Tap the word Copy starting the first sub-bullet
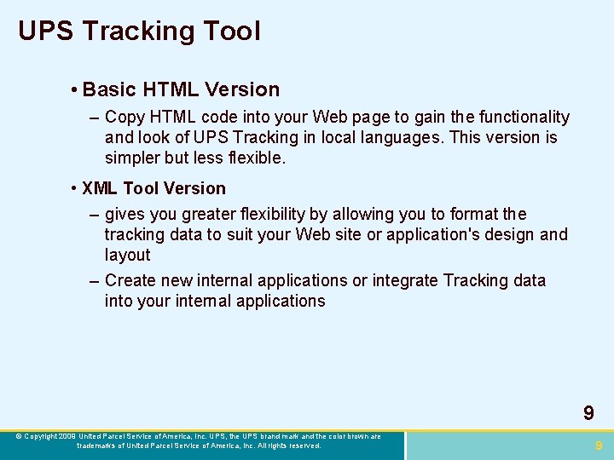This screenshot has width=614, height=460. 125,118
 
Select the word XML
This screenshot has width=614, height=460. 101,188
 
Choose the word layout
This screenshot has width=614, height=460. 127,255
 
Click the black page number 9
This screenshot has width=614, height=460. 588,414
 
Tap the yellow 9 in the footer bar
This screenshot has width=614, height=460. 599,445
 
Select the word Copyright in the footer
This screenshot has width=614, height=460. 41,436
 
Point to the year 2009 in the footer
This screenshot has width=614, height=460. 67,436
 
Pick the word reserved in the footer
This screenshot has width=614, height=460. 304,446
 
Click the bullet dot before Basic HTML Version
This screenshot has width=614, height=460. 76,90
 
